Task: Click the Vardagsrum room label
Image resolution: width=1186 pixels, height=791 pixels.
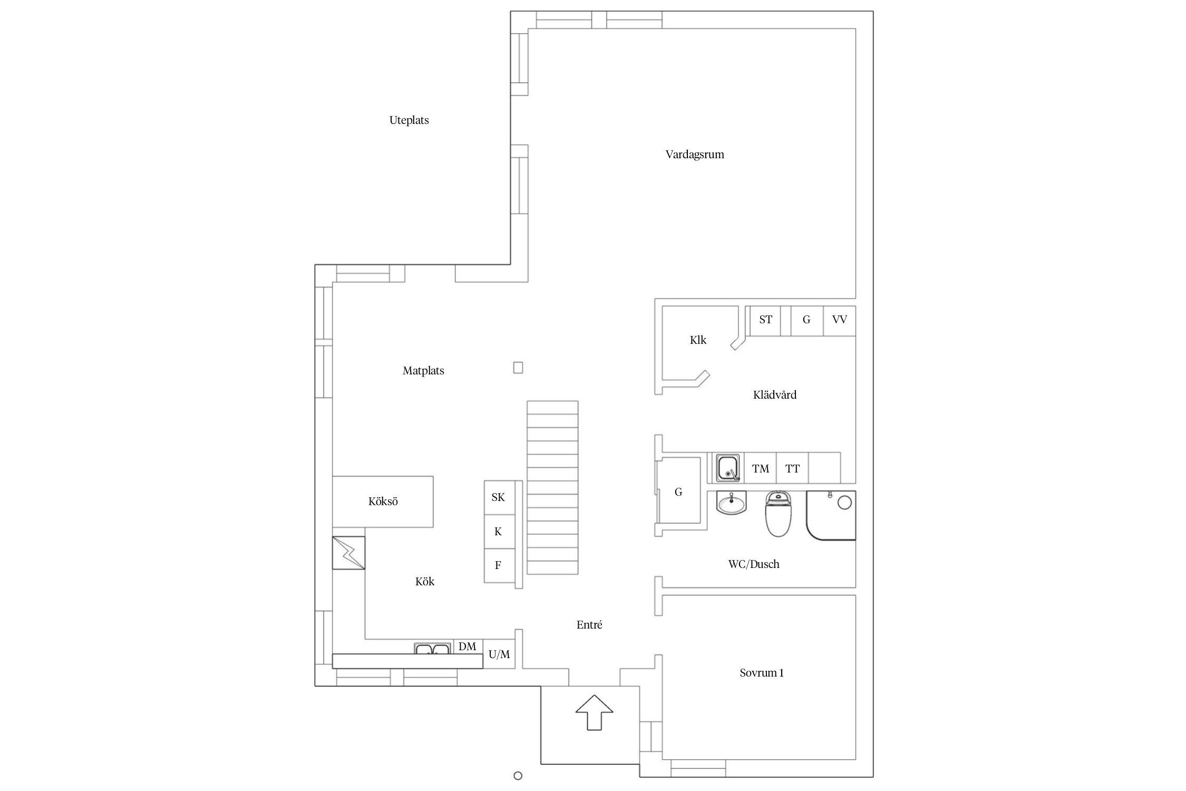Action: [x=694, y=155]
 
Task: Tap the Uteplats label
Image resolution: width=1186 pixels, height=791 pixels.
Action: [x=409, y=120]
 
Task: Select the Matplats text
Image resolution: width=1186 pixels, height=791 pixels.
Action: [x=423, y=371]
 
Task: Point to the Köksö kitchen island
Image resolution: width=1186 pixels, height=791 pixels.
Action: [x=383, y=501]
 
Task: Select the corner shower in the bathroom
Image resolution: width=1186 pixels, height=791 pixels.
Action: [x=831, y=515]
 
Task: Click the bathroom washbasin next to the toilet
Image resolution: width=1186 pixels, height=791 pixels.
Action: [x=731, y=503]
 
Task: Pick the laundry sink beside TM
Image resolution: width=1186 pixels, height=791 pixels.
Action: [x=728, y=468]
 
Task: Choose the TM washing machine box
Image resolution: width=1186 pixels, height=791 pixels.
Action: [x=760, y=468]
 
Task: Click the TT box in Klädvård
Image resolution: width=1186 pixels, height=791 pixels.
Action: [x=792, y=468]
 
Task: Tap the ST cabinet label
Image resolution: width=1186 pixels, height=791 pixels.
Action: [x=765, y=320]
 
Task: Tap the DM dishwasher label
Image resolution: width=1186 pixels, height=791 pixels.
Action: [x=467, y=647]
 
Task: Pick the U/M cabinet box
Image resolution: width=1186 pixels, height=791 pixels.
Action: [x=499, y=654]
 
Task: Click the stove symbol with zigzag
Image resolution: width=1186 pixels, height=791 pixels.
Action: [x=348, y=553]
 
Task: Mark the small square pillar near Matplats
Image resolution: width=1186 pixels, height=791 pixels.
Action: [x=518, y=368]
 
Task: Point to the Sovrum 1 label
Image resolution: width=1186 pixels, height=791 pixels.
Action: [x=761, y=673]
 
